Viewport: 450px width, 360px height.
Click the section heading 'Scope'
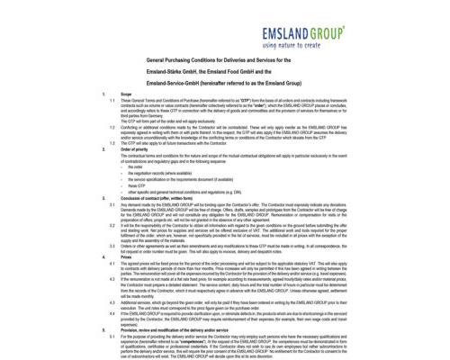(x=125, y=93)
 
